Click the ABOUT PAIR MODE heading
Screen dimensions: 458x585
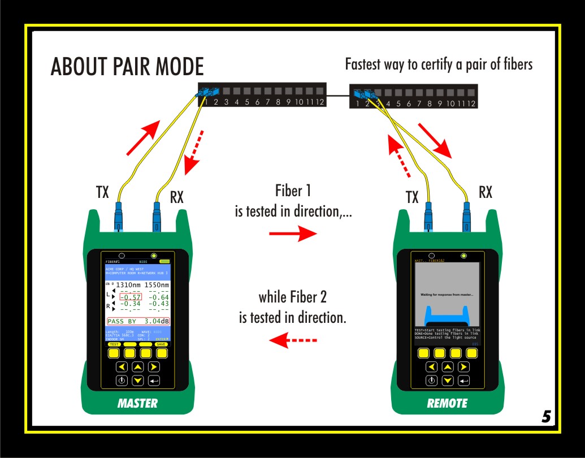pyautogui.click(x=127, y=67)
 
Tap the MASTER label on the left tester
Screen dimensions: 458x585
pyautogui.click(x=137, y=404)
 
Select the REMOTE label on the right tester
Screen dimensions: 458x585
pyautogui.click(x=447, y=404)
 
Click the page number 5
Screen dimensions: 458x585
pyautogui.click(x=546, y=417)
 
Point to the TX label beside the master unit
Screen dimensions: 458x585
pyautogui.click(x=102, y=192)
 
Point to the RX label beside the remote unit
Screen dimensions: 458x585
pyautogui.click(x=486, y=192)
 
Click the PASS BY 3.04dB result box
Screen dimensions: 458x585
pyautogui.click(x=138, y=321)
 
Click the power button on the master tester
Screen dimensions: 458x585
pyautogui.click(x=122, y=381)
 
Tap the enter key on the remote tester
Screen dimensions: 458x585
pyautogui.click(x=463, y=381)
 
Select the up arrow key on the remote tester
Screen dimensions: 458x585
pyautogui.click(x=448, y=367)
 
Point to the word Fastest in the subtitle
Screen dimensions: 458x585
pyautogui.click(x=365, y=64)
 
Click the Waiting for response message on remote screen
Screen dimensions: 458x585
pyautogui.click(x=447, y=295)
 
